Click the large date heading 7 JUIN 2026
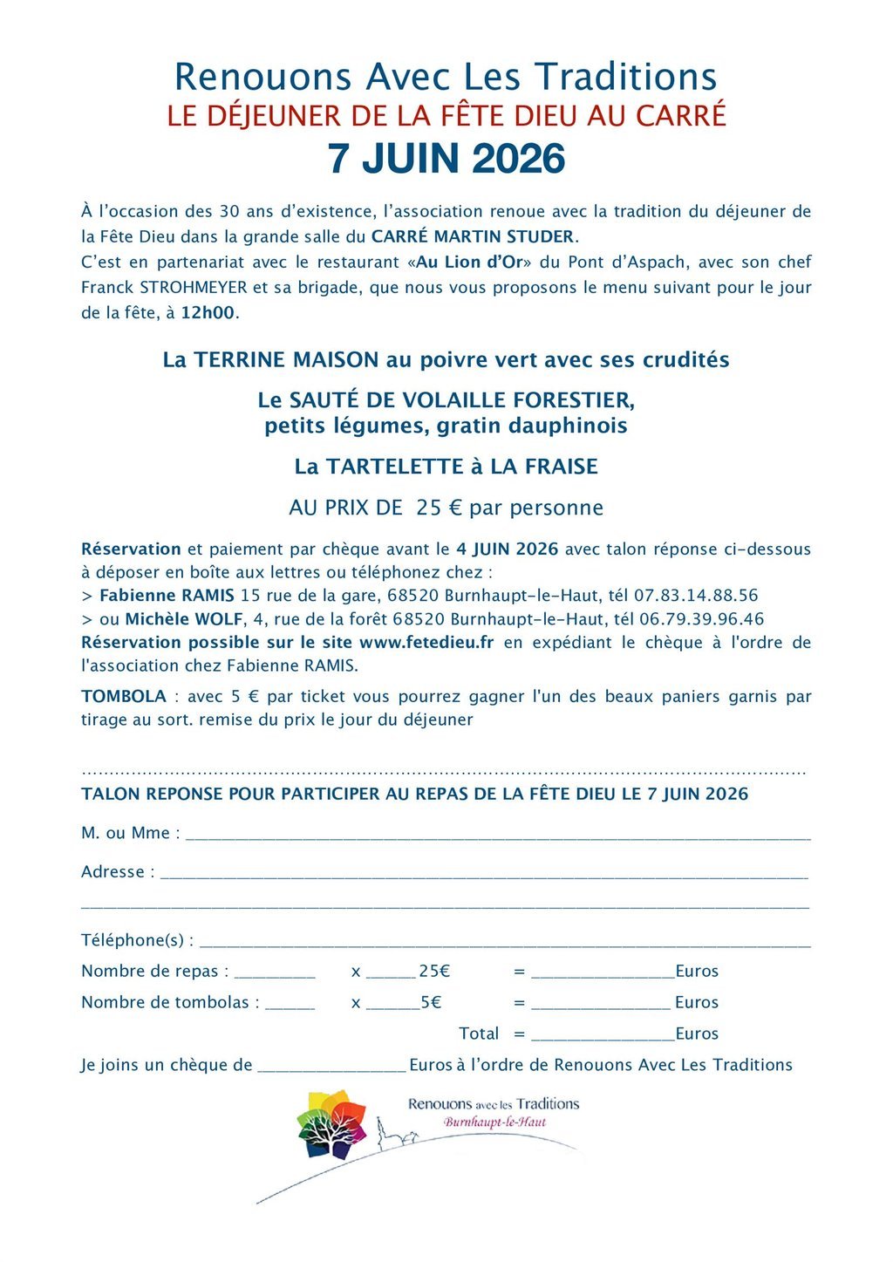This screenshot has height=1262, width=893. [x=446, y=159]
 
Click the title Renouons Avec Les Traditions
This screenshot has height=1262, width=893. [x=446, y=77]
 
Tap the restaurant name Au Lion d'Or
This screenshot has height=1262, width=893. [x=472, y=263]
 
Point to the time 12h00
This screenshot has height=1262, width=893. [x=208, y=313]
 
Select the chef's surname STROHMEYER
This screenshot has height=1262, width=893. [x=194, y=288]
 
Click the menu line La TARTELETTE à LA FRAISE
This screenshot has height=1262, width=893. [x=446, y=467]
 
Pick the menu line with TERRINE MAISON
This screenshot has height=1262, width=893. [x=446, y=360]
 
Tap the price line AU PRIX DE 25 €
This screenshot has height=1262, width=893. [x=446, y=508]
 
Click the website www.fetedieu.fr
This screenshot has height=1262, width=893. [x=426, y=643]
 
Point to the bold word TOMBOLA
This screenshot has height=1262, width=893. [x=124, y=697]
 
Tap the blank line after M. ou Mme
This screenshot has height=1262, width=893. [x=498, y=836]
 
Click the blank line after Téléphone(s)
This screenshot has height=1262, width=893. [x=505, y=943]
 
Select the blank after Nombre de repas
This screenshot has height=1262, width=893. [x=275, y=974]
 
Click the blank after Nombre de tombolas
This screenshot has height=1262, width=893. [x=290, y=1006]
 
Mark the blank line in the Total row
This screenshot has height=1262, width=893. [x=603, y=1037]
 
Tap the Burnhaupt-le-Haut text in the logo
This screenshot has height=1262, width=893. [x=494, y=1122]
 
